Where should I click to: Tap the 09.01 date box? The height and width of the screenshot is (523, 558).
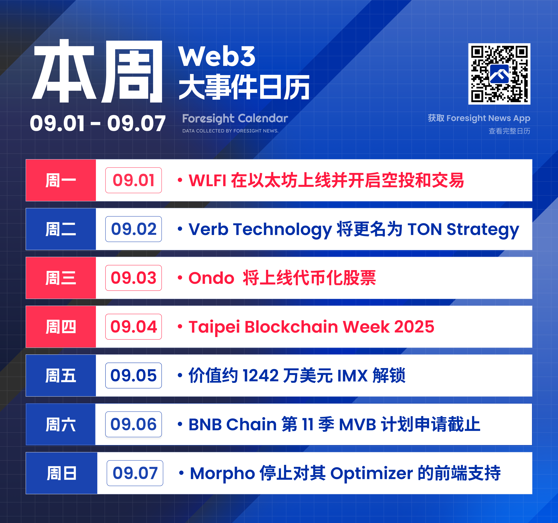[134, 180]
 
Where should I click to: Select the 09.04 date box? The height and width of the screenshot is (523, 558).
[134, 327]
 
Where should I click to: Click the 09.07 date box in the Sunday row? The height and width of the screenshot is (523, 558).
[135, 473]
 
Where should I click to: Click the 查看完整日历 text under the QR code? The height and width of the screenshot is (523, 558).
[509, 131]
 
